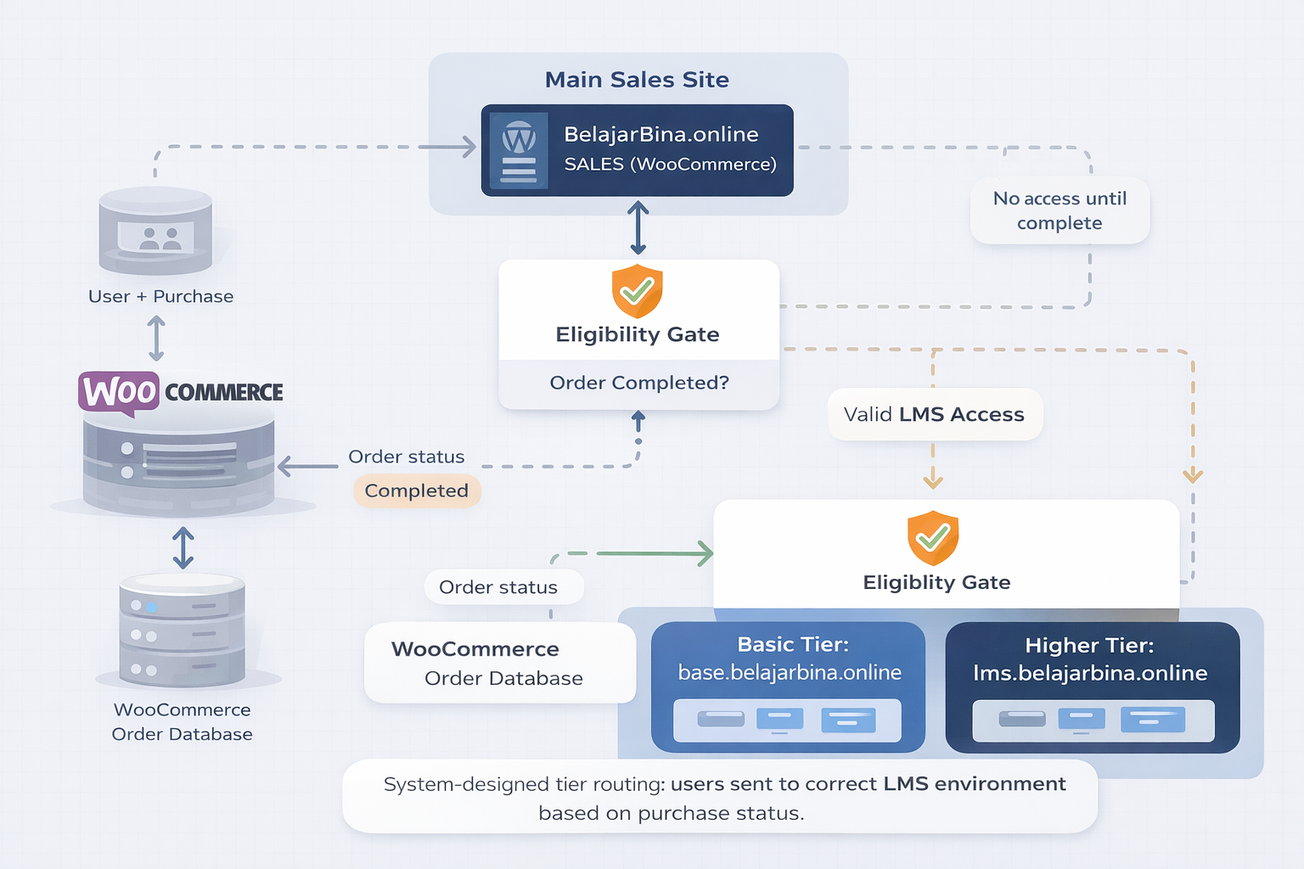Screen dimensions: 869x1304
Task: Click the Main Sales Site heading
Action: click(x=637, y=80)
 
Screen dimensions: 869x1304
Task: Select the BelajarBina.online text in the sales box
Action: click(x=660, y=134)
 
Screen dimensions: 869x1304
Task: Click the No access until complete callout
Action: click(x=1059, y=210)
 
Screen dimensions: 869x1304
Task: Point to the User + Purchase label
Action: click(x=160, y=296)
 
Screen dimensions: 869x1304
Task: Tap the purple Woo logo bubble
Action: click(x=120, y=392)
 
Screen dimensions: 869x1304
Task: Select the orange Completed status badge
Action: click(x=416, y=491)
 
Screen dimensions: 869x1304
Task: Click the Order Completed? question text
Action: click(x=638, y=383)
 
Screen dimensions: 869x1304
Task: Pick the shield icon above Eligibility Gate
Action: click(x=637, y=291)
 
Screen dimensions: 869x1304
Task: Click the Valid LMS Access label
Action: click(x=934, y=414)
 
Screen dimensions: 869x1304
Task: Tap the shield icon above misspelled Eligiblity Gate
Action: click(x=933, y=538)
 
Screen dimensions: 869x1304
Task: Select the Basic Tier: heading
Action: click(x=793, y=644)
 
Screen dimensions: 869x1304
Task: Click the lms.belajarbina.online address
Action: click(x=1090, y=673)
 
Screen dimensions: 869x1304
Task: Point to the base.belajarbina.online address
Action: click(x=790, y=672)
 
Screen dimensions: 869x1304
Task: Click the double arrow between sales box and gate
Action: click(x=638, y=227)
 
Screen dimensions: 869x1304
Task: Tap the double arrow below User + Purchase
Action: click(x=156, y=339)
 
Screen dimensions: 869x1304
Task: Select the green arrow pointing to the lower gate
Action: click(x=654, y=553)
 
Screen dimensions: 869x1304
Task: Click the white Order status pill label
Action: click(x=498, y=587)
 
